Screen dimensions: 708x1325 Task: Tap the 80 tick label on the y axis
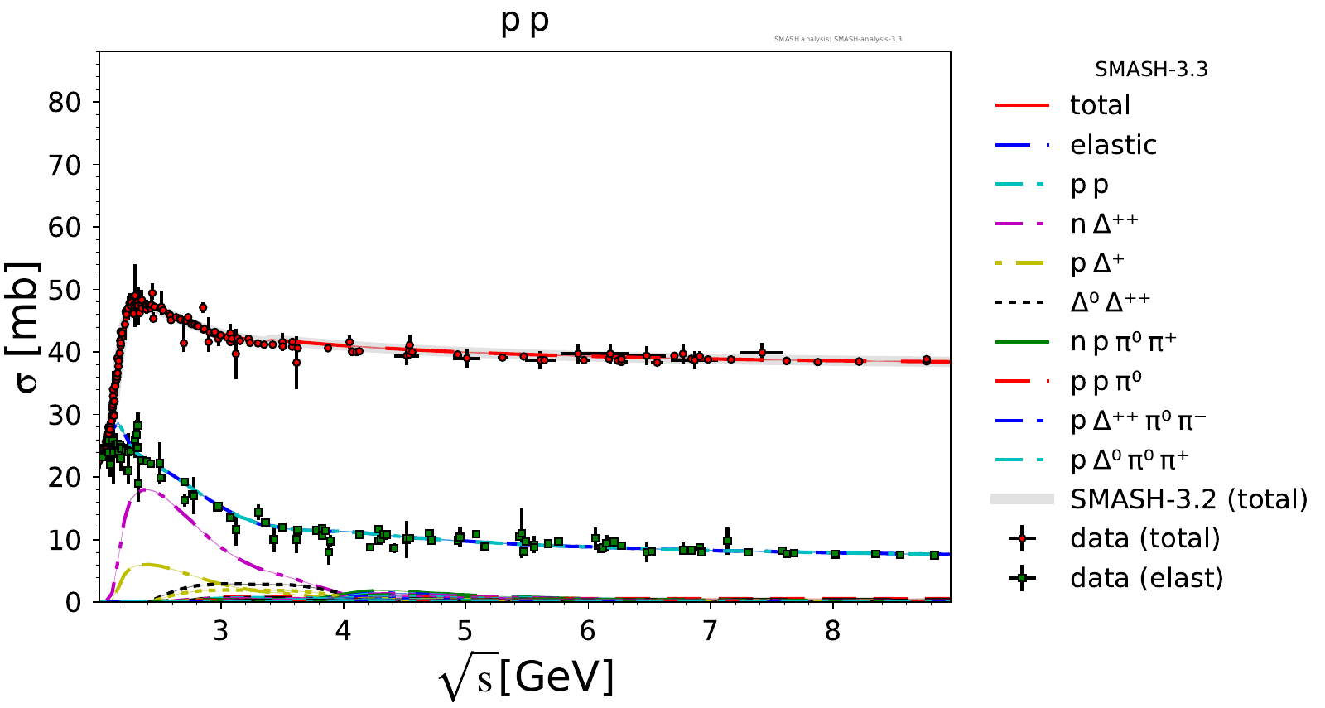pos(64,103)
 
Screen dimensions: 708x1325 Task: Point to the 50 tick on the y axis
pos(64,290)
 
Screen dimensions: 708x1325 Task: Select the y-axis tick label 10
pos(64,540)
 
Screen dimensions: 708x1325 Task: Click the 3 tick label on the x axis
pos(220,631)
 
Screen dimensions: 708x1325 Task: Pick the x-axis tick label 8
pos(832,631)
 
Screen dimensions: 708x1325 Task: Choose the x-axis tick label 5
pos(465,631)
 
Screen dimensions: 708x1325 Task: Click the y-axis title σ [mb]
pos(24,327)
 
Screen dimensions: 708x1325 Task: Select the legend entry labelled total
pos(1100,105)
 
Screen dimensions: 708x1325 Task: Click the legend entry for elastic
pos(1113,145)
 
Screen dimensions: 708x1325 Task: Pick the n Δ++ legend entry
pos(1104,224)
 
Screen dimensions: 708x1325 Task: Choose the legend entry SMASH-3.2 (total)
pos(1188,499)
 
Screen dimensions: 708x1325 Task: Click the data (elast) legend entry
pos(1146,578)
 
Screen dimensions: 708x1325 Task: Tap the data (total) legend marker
pos(1023,539)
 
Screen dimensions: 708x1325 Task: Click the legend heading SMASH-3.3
pos(1151,70)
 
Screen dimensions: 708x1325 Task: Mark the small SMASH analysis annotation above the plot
pos(837,39)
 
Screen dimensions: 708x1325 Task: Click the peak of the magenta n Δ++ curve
pos(144,489)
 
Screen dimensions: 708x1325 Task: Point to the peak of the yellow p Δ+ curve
pos(147,564)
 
